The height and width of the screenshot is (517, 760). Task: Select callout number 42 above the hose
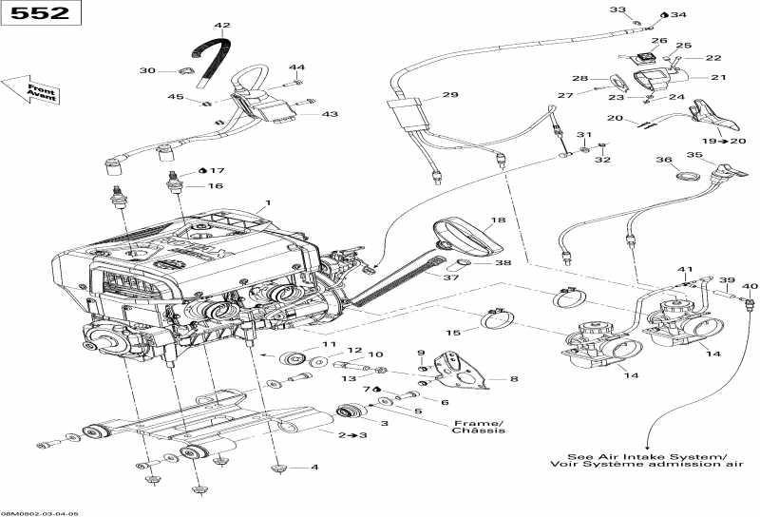pos(222,26)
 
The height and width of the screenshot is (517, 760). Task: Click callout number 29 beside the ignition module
pos(449,95)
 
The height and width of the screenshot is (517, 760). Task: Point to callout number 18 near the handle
pos(497,220)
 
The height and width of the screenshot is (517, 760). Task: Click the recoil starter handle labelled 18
pos(465,235)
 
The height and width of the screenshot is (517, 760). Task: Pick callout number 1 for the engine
pos(268,202)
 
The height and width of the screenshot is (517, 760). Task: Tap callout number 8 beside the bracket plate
pos(514,379)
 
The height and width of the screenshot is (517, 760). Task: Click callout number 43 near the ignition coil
pos(330,114)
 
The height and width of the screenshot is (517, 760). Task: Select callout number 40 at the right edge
pos(750,286)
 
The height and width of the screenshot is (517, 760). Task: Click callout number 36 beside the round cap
pos(664,161)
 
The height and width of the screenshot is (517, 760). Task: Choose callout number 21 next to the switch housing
pos(717,77)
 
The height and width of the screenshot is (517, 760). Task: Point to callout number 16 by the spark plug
pos(216,186)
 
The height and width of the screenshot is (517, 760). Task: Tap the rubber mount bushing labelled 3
pos(351,414)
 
